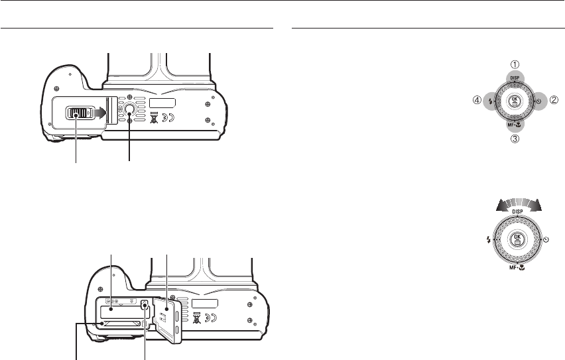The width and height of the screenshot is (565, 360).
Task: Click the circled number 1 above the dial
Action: (x=515, y=64)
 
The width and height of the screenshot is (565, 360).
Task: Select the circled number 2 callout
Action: (x=554, y=100)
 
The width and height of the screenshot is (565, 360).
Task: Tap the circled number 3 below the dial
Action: (x=515, y=139)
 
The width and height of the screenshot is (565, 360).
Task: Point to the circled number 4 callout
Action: (x=477, y=100)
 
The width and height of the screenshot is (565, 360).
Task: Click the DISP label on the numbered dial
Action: (x=515, y=78)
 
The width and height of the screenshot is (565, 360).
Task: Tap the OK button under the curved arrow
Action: (x=517, y=239)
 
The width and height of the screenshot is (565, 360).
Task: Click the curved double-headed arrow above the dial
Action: (x=519, y=204)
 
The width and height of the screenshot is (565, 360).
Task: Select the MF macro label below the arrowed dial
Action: (x=517, y=267)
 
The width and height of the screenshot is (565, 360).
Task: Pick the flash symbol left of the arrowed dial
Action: (x=489, y=239)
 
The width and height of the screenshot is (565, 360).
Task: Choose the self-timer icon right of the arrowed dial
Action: (x=546, y=239)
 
